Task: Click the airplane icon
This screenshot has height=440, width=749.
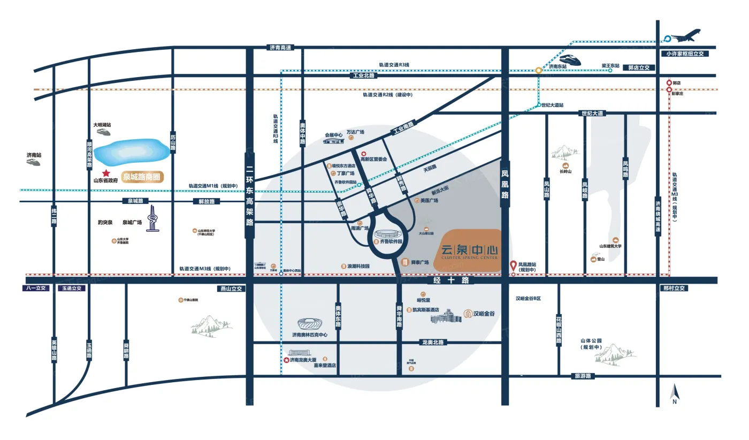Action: click(686, 36)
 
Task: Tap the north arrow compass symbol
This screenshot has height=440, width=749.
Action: click(675, 395)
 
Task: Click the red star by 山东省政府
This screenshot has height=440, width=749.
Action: click(106, 173)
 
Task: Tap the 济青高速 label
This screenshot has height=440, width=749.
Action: click(280, 48)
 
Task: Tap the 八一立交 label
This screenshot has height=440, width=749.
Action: click(36, 288)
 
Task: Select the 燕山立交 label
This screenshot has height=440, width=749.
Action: click(231, 288)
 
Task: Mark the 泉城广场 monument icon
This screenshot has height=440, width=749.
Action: click(154, 219)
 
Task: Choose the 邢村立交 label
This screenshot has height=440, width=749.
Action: click(674, 288)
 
